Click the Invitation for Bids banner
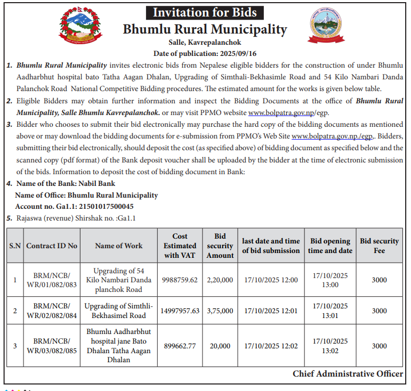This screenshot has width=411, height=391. coord(205,13)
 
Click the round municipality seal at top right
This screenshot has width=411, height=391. coord(327,26)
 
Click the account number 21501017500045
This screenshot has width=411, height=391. coord(96,206)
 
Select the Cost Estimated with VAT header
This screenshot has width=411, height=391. coord(180,246)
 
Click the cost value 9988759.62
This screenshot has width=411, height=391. coord(180,280)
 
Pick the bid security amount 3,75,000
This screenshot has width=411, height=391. coord(220,311)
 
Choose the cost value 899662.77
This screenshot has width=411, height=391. coord(180,346)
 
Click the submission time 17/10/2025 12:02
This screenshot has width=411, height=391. coord(271,346)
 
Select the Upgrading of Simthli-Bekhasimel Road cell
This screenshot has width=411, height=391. coord(118,311)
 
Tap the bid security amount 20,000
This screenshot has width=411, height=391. coord(220,346)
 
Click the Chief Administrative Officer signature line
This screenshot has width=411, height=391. coord(348,374)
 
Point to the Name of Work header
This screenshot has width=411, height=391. coord(118,246)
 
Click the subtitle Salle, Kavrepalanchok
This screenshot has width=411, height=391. coord(205,42)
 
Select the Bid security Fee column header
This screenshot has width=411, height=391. coord(379,246)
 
